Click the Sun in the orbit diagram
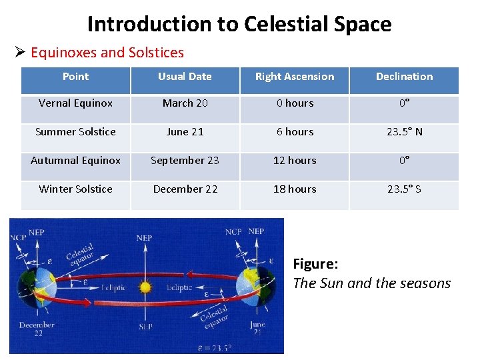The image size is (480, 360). (x=145, y=288)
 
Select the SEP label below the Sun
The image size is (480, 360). (x=145, y=327)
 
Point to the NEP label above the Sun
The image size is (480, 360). (x=145, y=237)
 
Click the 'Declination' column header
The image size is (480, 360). (x=404, y=77)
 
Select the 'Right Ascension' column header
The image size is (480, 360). (x=295, y=77)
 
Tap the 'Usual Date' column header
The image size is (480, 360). (x=185, y=77)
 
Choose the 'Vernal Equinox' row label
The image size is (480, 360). (x=75, y=103)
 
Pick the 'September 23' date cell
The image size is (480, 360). (x=185, y=161)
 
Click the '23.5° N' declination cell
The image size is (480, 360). (x=404, y=132)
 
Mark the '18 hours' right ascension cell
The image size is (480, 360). (x=295, y=189)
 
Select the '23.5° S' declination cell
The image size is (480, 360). (x=404, y=189)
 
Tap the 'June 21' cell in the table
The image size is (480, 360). (x=185, y=132)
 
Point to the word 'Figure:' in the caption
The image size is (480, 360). (x=315, y=264)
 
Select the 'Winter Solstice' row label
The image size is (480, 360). (x=75, y=189)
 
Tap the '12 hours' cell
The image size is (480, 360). (x=295, y=161)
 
